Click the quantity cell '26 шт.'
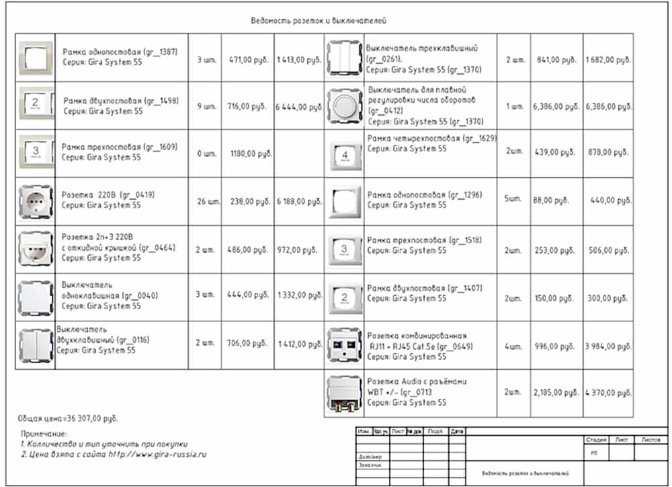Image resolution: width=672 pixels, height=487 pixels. [x=206, y=201]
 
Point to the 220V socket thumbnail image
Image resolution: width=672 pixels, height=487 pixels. [x=36, y=201]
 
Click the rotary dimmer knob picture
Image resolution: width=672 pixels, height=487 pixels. [x=345, y=106]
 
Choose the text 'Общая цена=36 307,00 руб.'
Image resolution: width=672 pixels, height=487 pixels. [x=69, y=418]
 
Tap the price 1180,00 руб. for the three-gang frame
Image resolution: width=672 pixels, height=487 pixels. [x=251, y=153]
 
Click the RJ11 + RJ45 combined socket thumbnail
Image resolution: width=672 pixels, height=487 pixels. [x=345, y=346]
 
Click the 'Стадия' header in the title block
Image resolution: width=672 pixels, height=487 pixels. [x=595, y=440]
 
